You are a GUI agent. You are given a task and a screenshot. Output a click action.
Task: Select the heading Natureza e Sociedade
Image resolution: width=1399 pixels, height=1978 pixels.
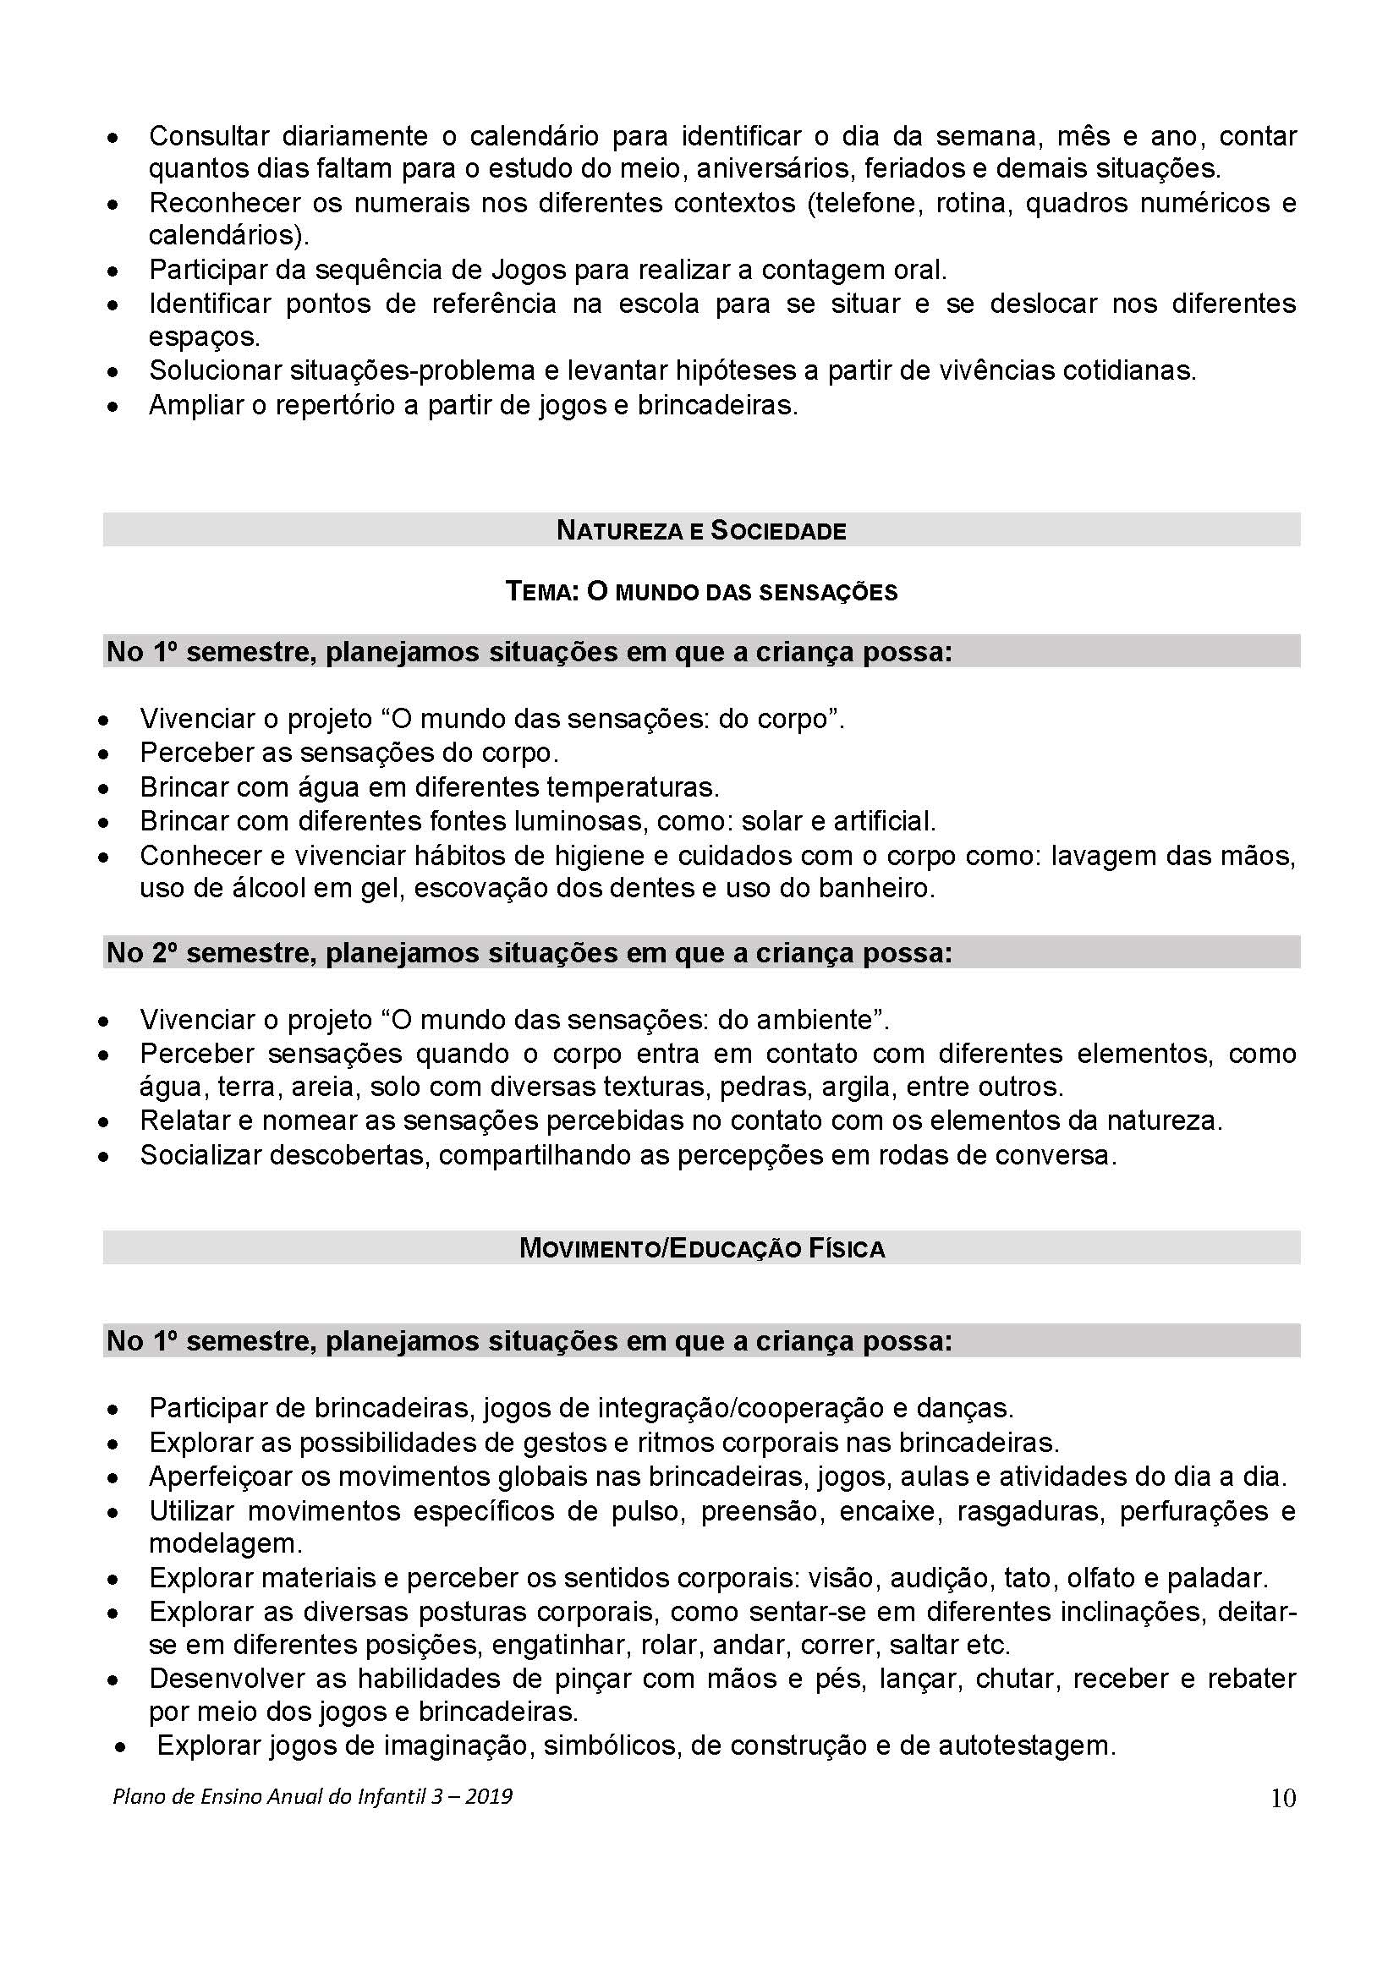point(701,531)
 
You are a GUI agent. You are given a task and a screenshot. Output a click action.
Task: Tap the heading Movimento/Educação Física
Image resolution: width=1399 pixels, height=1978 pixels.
point(701,1248)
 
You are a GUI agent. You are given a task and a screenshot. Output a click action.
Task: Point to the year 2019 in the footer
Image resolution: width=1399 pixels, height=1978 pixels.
point(488,1796)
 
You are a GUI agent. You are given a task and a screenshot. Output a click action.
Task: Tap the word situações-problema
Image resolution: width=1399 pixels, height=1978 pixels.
point(412,370)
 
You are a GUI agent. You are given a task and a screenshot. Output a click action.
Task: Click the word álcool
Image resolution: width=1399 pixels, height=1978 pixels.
point(268,888)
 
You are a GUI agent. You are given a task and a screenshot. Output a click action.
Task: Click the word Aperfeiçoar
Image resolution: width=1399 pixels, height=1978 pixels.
point(239,1477)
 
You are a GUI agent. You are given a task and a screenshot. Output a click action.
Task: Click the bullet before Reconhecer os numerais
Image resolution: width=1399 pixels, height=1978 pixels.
point(112,204)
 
